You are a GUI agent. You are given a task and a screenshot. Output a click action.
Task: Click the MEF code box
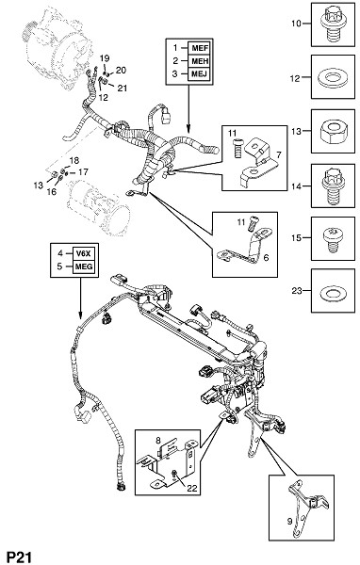(x=200, y=48)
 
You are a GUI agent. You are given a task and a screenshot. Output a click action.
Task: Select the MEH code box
(x=200, y=61)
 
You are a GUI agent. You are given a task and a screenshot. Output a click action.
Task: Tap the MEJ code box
(x=200, y=73)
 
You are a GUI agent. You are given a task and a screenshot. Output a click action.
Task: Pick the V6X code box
(x=85, y=253)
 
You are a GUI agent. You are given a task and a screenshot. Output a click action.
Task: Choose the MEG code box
(x=85, y=266)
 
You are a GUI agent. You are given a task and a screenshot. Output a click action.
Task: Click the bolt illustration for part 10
(x=332, y=24)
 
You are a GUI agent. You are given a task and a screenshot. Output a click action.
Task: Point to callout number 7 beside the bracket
(x=278, y=155)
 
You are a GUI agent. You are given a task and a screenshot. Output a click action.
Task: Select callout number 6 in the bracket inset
(x=266, y=258)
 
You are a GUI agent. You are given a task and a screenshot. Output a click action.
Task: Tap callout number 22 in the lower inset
(x=191, y=488)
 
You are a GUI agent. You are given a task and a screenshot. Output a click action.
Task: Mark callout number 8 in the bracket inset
(x=158, y=440)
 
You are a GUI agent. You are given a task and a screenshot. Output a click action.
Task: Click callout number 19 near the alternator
(x=105, y=58)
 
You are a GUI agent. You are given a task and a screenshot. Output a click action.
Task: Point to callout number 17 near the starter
(x=83, y=172)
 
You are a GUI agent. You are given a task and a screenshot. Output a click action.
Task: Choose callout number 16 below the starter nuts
(x=51, y=191)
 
